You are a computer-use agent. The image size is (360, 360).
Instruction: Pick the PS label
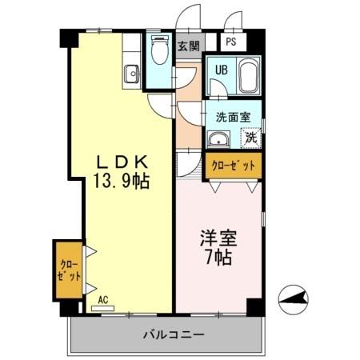click(230, 42)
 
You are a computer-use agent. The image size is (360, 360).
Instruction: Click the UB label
click(221, 70)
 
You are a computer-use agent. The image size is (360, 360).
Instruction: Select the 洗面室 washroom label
click(234, 116)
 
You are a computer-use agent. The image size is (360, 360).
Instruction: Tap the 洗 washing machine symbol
click(251, 137)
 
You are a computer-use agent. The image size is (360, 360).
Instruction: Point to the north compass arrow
click(294, 301)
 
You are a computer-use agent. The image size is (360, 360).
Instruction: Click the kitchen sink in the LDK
click(131, 75)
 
